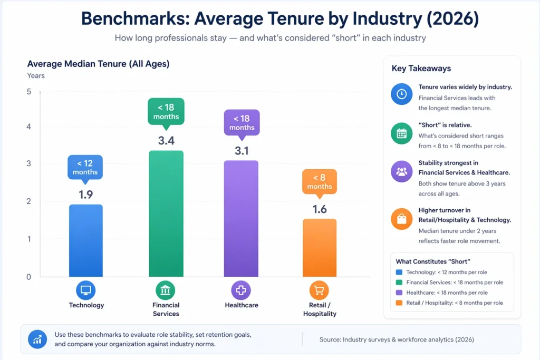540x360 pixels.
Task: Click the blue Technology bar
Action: (86, 240)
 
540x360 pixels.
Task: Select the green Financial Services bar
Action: (166, 213)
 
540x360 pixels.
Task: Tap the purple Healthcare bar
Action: (242, 218)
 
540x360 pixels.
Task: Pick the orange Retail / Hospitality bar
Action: (320, 248)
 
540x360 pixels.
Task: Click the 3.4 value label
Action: (166, 141)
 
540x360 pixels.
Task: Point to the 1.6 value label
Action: (320, 209)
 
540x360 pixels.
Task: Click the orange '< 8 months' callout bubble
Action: (320, 182)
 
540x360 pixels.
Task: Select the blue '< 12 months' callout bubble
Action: (85, 168)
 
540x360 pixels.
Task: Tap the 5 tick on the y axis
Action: (29, 92)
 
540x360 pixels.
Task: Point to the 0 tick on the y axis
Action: (29, 277)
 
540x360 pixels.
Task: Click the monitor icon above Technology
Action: (86, 290)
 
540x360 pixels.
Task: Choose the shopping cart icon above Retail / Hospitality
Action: (320, 290)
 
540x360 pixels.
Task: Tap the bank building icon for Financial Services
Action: (166, 290)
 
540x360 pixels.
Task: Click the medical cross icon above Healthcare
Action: (241, 290)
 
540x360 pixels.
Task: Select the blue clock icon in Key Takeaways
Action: (402, 94)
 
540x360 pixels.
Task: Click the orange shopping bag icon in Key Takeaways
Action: (402, 219)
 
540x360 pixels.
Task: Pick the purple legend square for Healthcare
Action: (399, 293)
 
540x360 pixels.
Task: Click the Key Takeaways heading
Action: (421, 69)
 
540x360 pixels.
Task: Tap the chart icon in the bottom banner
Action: (37, 339)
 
